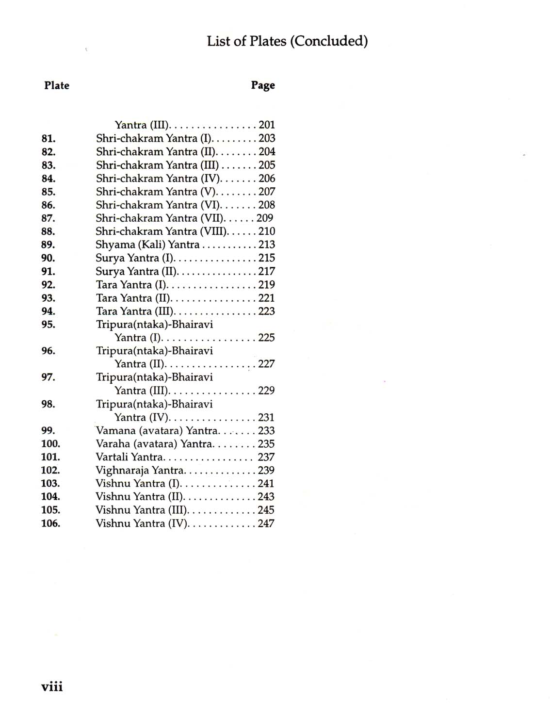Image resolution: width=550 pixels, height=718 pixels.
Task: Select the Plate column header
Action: (x=57, y=85)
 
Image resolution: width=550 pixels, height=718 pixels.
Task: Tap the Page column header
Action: (x=263, y=85)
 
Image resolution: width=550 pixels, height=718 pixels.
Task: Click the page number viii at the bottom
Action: (x=52, y=686)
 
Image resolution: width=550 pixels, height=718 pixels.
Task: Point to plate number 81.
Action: (x=49, y=139)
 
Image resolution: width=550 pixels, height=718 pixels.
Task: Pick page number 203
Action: (x=267, y=138)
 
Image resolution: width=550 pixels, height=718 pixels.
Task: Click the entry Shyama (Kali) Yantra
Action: (x=147, y=245)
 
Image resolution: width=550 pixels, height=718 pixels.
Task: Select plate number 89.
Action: (x=49, y=245)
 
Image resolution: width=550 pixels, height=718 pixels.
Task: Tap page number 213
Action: (x=267, y=245)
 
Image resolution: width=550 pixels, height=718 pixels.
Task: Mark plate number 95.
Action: (x=49, y=325)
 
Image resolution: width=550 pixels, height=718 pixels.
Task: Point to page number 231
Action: (x=266, y=417)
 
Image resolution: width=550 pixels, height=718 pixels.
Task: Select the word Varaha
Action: (x=113, y=444)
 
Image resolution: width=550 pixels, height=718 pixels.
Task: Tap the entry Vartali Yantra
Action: (x=129, y=457)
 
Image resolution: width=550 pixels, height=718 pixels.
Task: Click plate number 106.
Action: (x=51, y=523)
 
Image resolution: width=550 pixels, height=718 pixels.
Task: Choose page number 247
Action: (x=266, y=523)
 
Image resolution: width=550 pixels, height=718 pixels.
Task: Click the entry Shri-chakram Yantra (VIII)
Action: (x=162, y=231)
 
